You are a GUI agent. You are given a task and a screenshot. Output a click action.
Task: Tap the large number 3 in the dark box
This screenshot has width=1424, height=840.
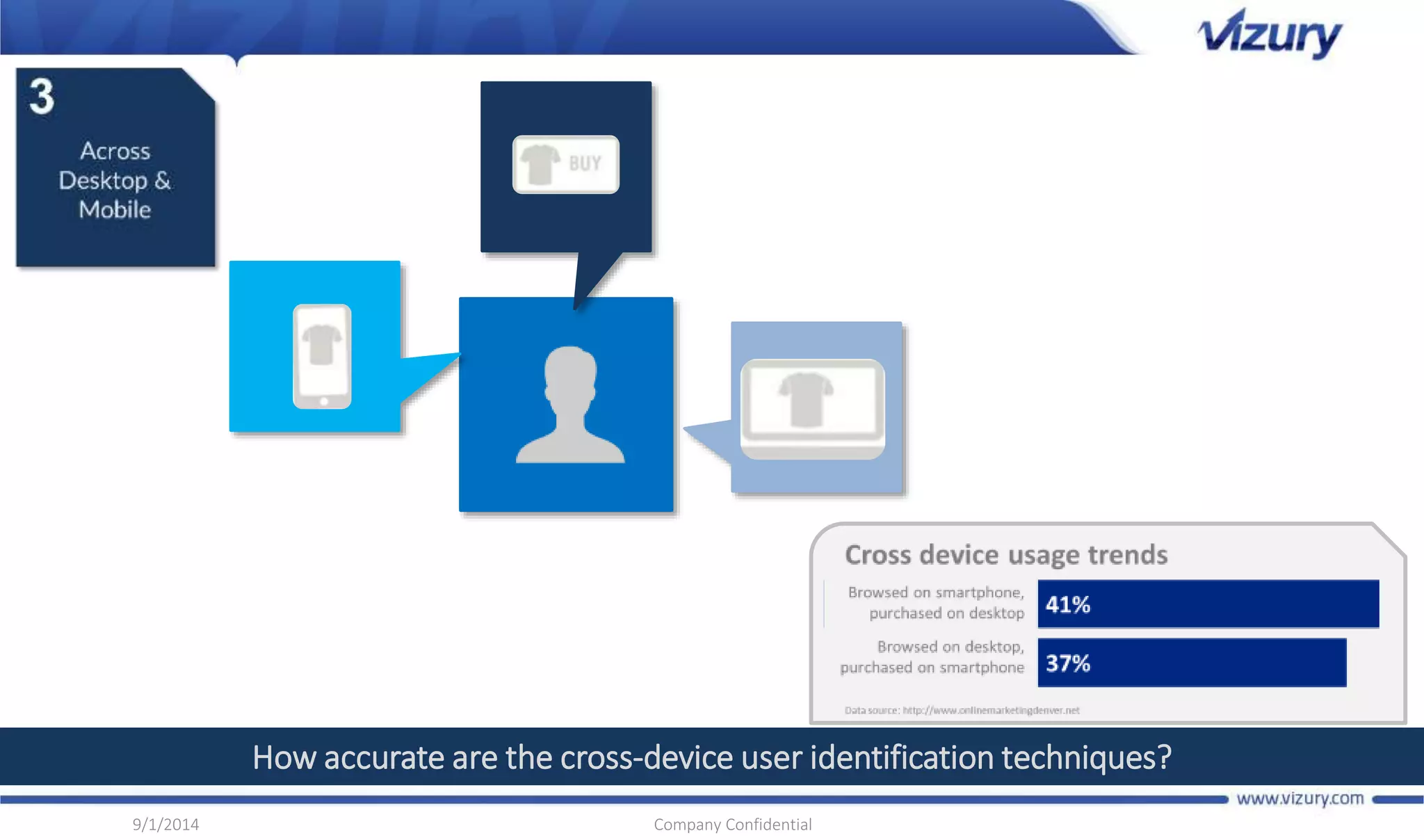(42, 97)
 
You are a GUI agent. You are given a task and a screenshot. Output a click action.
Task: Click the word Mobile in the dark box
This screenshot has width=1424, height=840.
(115, 210)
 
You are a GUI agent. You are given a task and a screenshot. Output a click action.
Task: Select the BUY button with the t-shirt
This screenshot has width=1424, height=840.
(565, 164)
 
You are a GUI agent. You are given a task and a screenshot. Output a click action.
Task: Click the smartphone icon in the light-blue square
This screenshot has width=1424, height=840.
(322, 356)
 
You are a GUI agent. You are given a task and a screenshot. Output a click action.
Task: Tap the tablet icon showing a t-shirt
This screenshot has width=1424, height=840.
(812, 408)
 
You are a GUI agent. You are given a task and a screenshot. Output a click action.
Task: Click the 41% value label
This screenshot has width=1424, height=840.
(1068, 605)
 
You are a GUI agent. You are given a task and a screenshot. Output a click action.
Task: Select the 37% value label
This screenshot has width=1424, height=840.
(1068, 663)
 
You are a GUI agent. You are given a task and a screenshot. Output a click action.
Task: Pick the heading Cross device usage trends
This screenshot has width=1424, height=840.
(1006, 555)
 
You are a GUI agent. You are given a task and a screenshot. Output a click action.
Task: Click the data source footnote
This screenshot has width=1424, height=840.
(962, 710)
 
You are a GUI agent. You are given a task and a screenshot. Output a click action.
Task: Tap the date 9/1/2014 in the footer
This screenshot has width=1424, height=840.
(165, 825)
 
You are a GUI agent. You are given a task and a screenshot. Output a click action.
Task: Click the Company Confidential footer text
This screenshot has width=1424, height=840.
(732, 825)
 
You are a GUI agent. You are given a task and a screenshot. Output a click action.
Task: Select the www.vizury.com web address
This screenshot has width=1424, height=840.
(1300, 798)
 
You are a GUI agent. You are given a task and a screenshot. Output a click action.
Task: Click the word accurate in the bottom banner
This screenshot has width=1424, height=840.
(385, 757)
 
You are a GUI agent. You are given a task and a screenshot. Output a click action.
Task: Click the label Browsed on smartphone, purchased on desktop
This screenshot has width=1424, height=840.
(936, 603)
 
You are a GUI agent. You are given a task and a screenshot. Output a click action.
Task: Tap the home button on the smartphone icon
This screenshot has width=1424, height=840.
(323, 401)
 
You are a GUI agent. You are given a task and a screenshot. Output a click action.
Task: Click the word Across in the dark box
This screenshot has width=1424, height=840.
(115, 151)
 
